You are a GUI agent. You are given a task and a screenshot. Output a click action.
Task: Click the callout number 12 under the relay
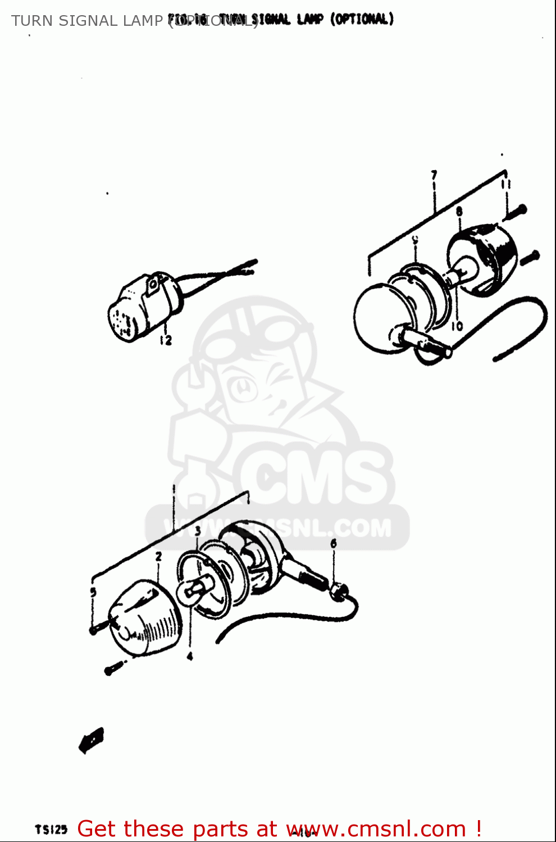coord(165,340)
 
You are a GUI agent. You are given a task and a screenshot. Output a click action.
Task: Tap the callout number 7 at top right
coord(434,176)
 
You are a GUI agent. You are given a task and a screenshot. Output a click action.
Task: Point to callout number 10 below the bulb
coord(457,326)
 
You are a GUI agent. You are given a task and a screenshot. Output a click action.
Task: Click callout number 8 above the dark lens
coord(459,212)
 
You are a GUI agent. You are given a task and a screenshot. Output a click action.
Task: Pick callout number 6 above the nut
coord(334,543)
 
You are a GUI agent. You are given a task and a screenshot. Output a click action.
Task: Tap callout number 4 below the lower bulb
coord(190,656)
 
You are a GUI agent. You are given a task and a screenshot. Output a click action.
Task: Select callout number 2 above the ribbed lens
coord(158,556)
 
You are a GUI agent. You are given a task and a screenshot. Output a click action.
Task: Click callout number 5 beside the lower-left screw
coord(93,592)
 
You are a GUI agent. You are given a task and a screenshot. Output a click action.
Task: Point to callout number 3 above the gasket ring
coord(198,530)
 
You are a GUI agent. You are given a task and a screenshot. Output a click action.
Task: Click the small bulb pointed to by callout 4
coord(193,589)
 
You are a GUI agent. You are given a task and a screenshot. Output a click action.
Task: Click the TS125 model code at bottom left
coord(51,829)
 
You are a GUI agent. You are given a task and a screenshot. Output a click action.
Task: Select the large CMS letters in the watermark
coord(315,477)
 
